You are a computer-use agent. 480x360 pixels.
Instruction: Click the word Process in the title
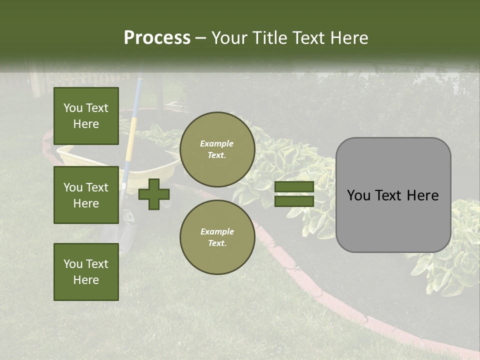tap(157, 38)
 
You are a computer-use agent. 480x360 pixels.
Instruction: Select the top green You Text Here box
tap(86, 116)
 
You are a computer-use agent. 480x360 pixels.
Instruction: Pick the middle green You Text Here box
tap(86, 195)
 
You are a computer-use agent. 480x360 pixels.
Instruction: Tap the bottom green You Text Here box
tap(86, 272)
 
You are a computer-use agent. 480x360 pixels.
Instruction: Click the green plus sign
tap(154, 194)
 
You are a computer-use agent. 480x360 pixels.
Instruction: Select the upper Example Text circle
tap(217, 149)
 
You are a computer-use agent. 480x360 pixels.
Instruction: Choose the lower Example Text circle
tap(217, 237)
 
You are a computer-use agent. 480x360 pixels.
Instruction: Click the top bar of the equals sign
tap(294, 186)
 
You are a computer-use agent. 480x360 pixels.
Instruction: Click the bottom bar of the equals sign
tap(294, 201)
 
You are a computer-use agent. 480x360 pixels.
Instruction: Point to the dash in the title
tap(200, 38)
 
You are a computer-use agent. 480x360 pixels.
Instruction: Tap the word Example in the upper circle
tap(216, 143)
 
